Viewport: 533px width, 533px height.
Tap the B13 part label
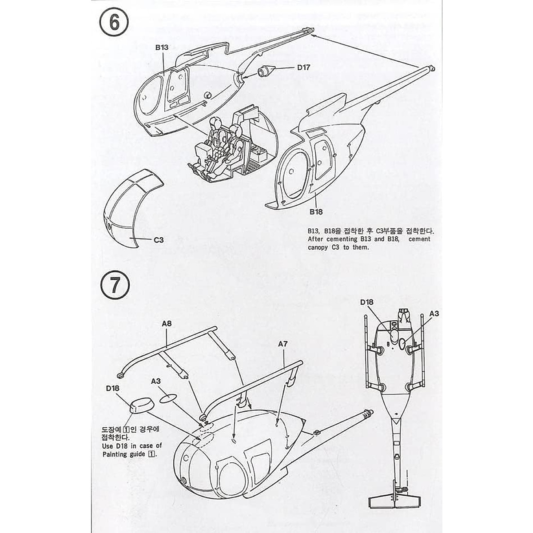point(162,47)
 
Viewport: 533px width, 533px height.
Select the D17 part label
point(304,68)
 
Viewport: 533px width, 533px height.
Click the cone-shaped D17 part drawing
point(267,71)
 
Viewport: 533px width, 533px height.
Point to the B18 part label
point(316,212)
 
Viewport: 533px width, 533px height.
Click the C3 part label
point(159,240)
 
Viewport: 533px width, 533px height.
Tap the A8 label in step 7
point(167,324)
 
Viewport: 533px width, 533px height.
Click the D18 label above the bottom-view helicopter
point(367,302)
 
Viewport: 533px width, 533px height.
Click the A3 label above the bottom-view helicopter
point(434,313)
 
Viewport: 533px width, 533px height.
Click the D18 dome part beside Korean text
point(142,405)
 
